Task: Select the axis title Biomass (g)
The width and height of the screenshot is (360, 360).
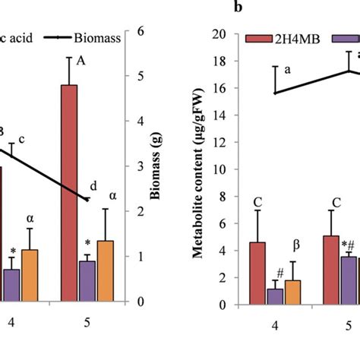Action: point(165,166)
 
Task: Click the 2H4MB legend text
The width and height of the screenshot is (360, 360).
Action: point(300,37)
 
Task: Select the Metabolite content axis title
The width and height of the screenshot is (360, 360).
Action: point(197,168)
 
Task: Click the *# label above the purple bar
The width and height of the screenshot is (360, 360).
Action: point(349,244)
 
